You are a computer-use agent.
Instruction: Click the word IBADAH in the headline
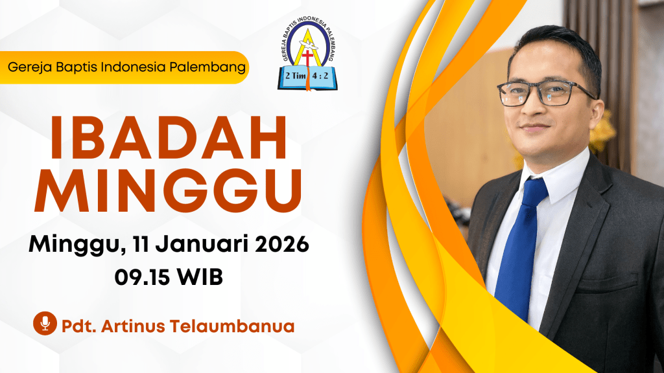169,137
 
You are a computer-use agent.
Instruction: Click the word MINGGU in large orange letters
169,191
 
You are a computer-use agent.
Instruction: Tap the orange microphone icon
45,324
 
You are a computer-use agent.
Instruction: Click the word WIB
200,277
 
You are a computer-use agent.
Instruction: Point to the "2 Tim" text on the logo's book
295,76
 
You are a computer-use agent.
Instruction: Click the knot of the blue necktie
534,191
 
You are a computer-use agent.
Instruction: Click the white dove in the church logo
308,45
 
